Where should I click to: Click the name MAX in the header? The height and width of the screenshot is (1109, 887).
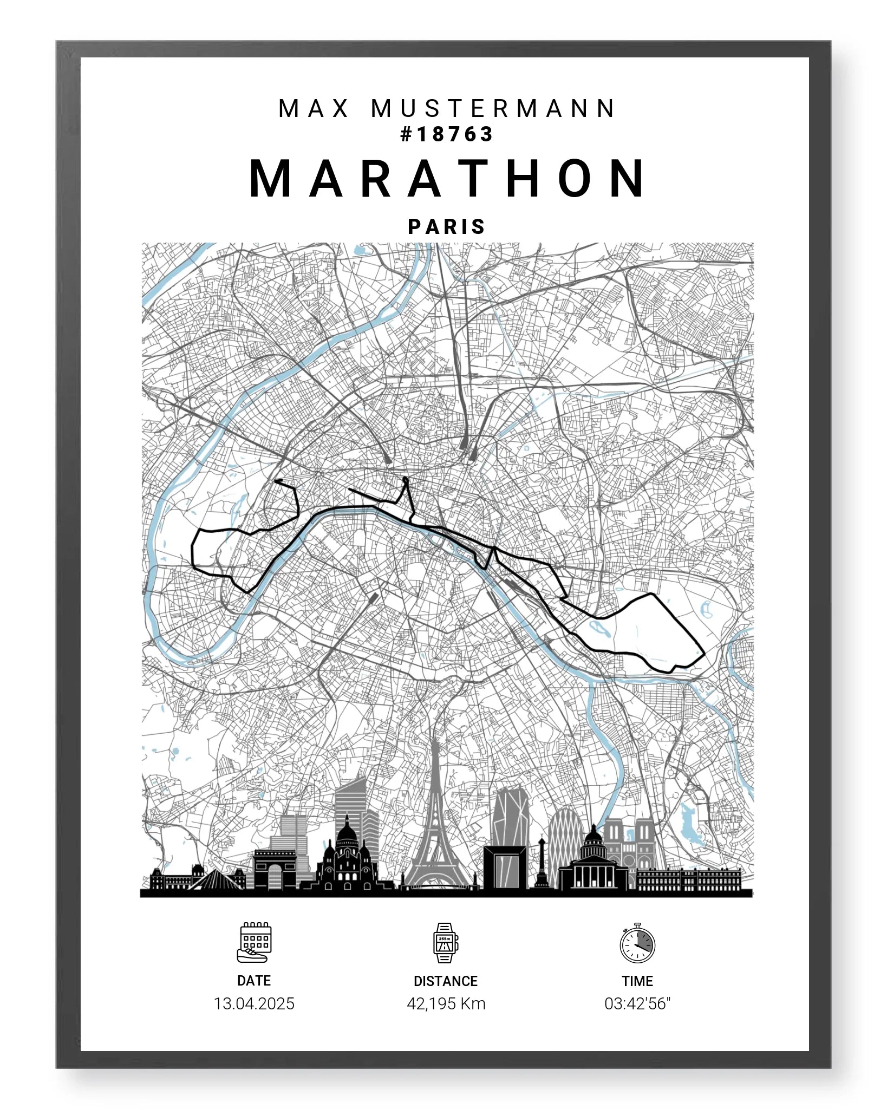[314, 109]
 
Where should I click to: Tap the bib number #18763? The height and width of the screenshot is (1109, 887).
[447, 134]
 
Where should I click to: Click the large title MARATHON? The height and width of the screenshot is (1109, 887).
[447, 179]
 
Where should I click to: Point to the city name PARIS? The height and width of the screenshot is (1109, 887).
[447, 227]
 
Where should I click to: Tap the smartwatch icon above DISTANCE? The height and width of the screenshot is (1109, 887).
[445, 943]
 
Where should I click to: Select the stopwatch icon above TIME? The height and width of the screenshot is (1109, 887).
[637, 943]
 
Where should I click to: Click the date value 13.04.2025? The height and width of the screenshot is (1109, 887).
[254, 1003]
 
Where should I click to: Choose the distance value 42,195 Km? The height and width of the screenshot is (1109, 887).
[446, 1003]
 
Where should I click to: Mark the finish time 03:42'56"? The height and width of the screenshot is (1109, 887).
[637, 1003]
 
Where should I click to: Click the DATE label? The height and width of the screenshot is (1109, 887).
[254, 981]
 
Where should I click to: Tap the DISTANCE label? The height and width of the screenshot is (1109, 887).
[445, 981]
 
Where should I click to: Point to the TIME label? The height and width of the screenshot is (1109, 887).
[637, 981]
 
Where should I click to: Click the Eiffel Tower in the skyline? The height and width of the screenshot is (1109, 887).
[436, 829]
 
